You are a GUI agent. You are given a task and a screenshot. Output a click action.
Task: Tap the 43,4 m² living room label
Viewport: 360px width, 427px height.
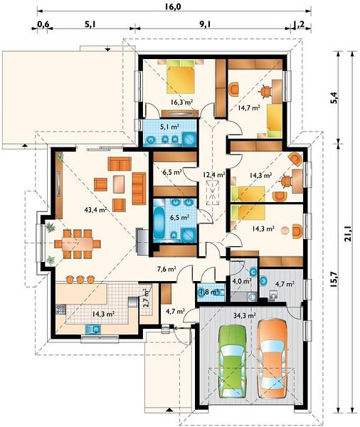(95, 210)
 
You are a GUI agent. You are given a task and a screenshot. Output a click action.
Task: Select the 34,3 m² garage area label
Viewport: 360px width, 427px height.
(244, 316)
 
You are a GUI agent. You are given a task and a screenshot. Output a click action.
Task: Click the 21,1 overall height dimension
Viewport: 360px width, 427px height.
(348, 234)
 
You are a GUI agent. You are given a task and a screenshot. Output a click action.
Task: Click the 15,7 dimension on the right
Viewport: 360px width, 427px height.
(334, 279)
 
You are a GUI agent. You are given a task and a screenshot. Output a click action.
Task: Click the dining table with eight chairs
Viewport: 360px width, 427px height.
(78, 243)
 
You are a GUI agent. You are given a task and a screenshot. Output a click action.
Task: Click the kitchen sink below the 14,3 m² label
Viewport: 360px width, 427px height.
(92, 330)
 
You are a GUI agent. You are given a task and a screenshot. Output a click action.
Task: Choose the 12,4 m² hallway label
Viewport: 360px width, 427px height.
(214, 174)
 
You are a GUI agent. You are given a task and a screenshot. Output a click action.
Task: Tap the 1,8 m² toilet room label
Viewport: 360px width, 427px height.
(210, 292)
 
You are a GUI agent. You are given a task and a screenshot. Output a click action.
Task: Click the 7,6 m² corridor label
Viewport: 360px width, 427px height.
(166, 269)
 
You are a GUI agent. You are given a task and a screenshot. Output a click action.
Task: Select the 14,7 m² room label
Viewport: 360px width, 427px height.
(248, 108)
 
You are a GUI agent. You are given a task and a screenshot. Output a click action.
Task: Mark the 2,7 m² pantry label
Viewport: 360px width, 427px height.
(147, 298)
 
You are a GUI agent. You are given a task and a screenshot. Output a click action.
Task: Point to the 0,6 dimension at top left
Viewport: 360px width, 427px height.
(43, 24)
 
